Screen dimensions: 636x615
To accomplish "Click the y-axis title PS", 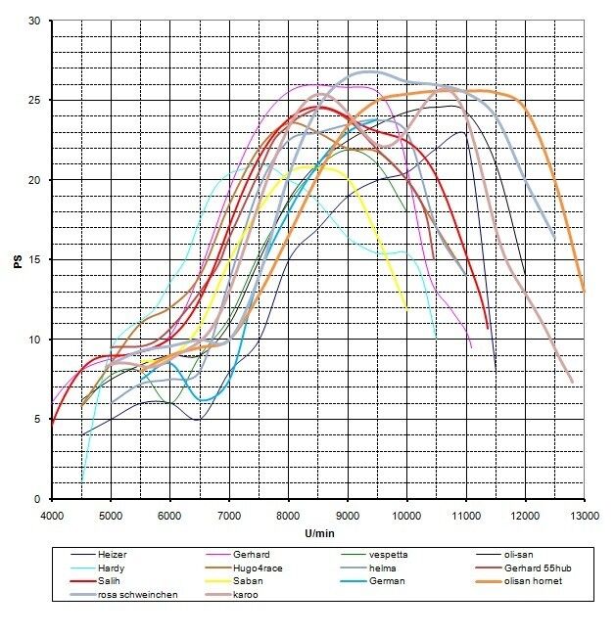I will point(16,259).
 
